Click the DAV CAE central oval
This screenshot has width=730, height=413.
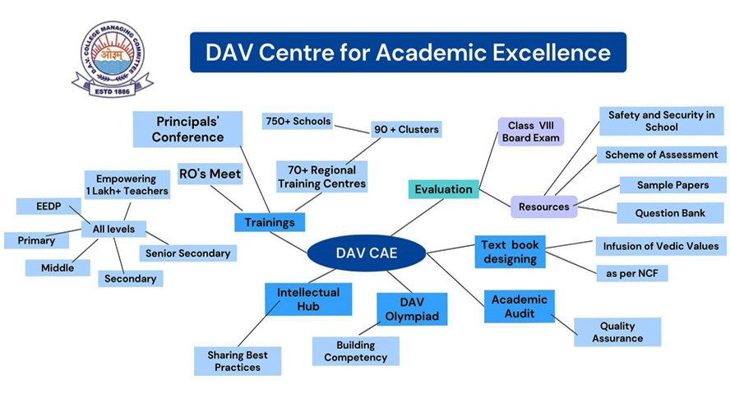(x=366, y=253)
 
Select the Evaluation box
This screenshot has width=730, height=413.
(x=443, y=189)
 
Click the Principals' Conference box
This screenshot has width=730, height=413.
(x=188, y=129)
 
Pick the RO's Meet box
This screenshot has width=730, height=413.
(x=210, y=174)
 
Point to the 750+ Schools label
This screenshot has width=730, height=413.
(x=298, y=121)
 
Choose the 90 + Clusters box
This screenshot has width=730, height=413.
(x=406, y=129)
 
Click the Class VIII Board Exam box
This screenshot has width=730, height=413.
(x=532, y=132)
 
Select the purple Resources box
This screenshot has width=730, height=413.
(x=544, y=206)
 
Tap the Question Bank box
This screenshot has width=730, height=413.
(x=670, y=213)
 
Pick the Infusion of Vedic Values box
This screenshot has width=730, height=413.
(x=660, y=246)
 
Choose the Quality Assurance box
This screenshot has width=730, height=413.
(x=617, y=332)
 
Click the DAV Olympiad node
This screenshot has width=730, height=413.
(x=412, y=309)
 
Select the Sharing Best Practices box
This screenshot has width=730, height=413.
(x=238, y=361)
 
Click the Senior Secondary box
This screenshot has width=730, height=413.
(x=187, y=253)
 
